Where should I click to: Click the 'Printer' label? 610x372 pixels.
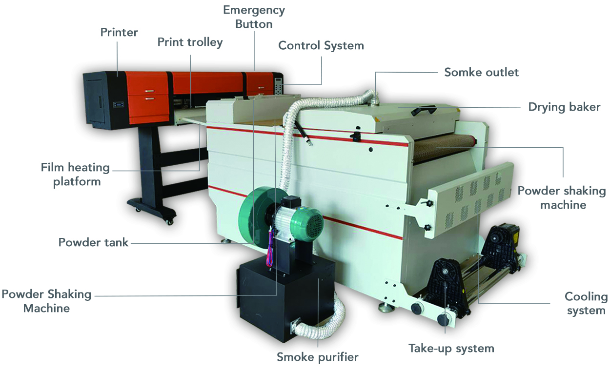(x=119, y=32)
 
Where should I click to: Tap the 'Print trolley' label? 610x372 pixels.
(x=190, y=42)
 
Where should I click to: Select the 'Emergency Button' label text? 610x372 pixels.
(x=254, y=17)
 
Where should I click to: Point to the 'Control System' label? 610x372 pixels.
(x=321, y=45)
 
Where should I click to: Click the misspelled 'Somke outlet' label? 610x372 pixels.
(x=481, y=72)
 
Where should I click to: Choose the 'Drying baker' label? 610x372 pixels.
(x=564, y=107)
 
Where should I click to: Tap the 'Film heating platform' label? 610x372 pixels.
(x=75, y=175)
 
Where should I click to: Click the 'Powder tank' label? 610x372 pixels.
(x=93, y=242)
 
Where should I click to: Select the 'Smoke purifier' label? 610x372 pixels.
(x=318, y=357)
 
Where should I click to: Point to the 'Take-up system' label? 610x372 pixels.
(x=451, y=349)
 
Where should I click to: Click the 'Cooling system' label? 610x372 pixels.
(x=586, y=303)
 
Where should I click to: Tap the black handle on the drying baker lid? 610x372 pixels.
(x=424, y=110)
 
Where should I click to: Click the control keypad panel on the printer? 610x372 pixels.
(x=279, y=86)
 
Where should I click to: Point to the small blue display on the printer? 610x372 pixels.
(x=119, y=104)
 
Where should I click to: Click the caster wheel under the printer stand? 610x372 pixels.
(x=169, y=222)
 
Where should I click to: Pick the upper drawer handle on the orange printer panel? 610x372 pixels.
(x=149, y=91)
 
